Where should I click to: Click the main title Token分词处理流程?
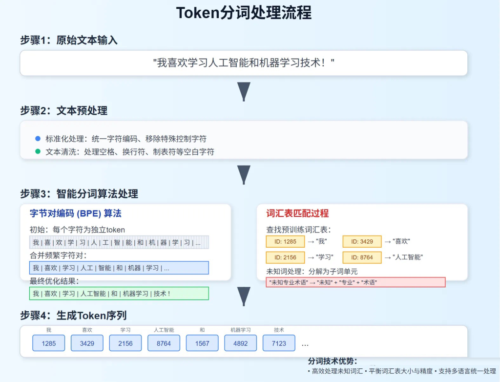coord(244,13)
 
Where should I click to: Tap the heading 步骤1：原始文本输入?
coord(69,40)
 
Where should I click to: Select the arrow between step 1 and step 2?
coord(244,91)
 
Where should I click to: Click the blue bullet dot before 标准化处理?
coord(38,139)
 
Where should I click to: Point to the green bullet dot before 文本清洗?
coord(38,151)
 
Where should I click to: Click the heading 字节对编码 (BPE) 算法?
coord(76,213)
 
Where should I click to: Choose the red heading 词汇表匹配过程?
coord(297,213)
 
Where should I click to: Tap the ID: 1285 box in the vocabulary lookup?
coord(285,242)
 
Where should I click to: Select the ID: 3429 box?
coord(362,242)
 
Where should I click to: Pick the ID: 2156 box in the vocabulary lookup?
coord(285,257)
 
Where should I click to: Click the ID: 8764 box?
coord(362,257)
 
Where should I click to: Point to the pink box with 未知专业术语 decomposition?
coord(355,282)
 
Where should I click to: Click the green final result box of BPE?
coord(119,294)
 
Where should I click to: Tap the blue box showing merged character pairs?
coord(119,268)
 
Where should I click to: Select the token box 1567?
coord(202,343)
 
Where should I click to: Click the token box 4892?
coord(240,343)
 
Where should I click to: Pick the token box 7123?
coord(279,343)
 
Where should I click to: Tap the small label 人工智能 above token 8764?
coord(164,330)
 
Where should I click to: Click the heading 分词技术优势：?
coord(333,361)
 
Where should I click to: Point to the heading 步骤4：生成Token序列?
coord(74,315)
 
